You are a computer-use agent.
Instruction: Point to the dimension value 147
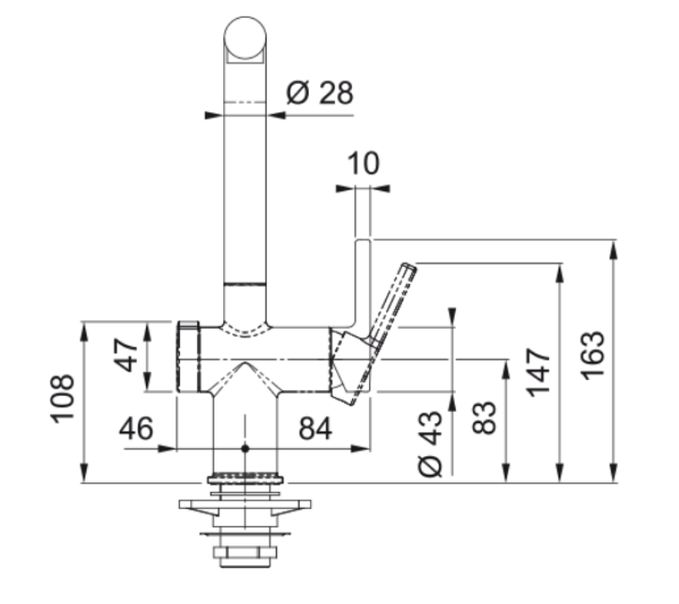click(x=540, y=371)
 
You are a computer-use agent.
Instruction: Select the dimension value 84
click(x=317, y=428)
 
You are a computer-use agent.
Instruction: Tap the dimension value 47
click(x=126, y=357)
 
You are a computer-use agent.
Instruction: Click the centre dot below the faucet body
click(x=244, y=447)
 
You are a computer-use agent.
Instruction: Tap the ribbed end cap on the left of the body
click(x=187, y=357)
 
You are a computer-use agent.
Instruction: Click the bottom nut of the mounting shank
click(x=244, y=558)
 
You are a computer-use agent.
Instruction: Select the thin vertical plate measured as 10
click(x=362, y=285)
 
